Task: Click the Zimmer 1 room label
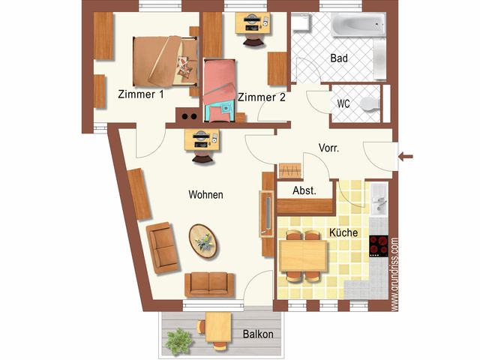141,94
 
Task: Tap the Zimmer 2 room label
262,97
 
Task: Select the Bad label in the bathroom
339,58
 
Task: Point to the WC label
343,103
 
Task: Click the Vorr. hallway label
328,148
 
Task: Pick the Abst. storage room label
304,190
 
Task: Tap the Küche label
343,232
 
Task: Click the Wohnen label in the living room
205,194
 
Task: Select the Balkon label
258,334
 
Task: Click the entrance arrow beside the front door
406,157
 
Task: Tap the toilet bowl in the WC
370,104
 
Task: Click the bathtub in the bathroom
358,25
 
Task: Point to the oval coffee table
203,241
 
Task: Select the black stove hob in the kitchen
379,246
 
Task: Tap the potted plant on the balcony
178,342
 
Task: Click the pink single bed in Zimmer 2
220,91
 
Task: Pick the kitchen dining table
303,256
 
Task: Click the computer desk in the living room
202,140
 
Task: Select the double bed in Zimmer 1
165,61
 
